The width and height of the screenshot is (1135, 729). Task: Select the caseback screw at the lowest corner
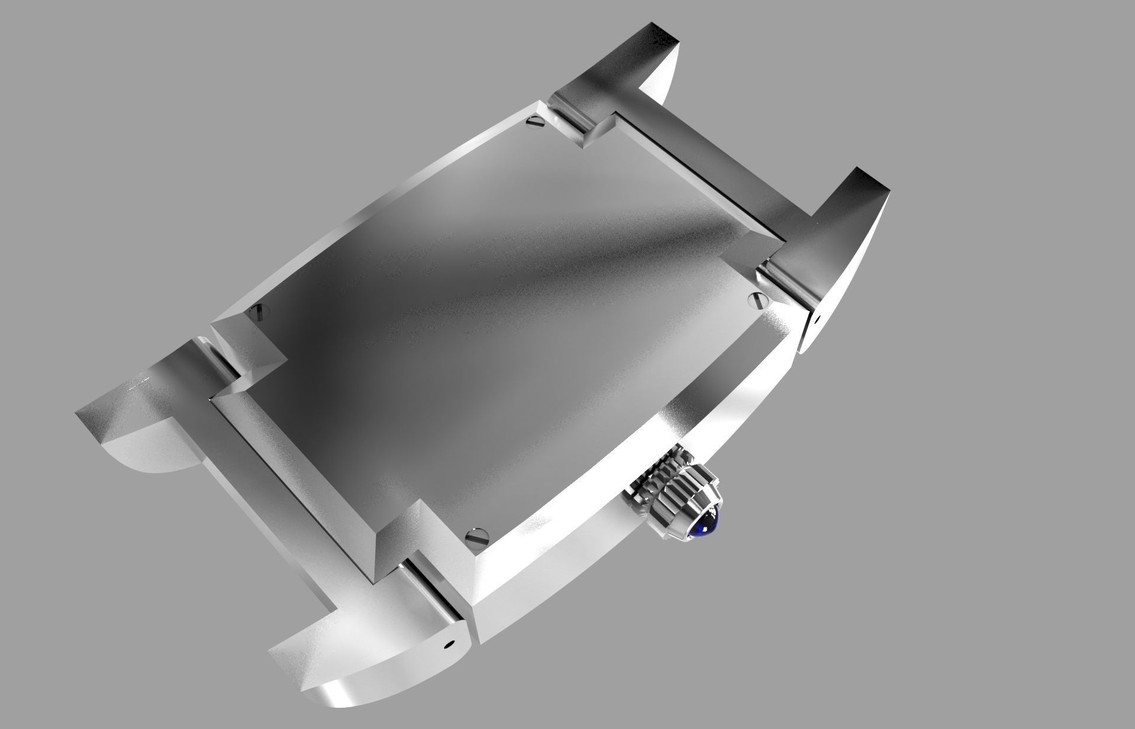pyautogui.click(x=477, y=537)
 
